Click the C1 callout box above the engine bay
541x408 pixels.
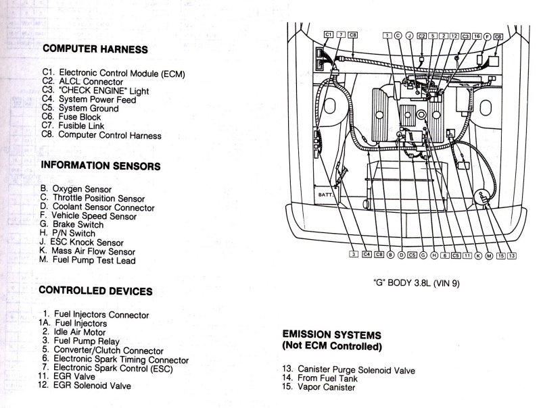329,34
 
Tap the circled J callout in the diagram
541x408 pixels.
409,34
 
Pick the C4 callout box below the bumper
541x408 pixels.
367,255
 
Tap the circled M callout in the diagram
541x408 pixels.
489,255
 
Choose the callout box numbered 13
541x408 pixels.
511,255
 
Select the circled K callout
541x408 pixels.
477,255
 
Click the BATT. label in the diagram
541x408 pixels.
326,195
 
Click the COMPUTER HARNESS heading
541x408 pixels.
95,49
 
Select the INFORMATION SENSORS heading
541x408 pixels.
100,165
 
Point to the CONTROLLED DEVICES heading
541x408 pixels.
95,291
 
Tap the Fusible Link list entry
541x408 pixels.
82,126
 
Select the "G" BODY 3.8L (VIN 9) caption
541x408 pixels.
417,284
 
